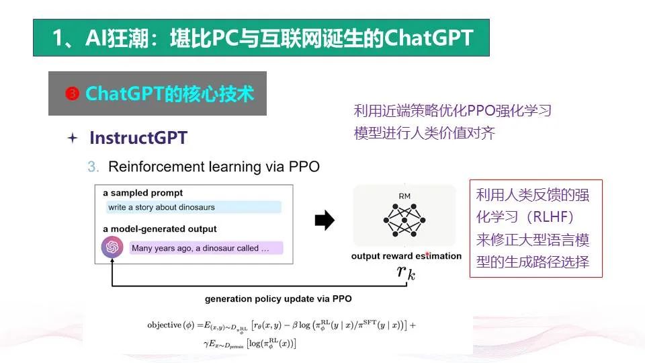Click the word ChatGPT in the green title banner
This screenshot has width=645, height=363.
429,38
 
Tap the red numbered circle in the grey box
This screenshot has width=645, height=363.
73,94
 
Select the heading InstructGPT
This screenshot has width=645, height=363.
138,137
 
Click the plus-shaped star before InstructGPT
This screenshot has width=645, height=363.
73,138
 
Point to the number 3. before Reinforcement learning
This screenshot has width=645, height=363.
93,167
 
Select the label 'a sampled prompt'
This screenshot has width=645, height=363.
142,193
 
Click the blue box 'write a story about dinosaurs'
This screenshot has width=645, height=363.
193,207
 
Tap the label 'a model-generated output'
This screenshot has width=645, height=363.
160,229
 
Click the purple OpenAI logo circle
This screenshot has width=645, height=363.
112,247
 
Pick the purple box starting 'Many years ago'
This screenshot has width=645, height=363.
206,248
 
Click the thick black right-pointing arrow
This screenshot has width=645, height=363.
325,220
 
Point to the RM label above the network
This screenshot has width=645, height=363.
404,196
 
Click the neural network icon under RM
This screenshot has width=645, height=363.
404,220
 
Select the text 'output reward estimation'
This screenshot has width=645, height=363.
406,256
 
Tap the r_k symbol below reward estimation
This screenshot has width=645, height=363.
406,272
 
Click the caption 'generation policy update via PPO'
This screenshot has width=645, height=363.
278,298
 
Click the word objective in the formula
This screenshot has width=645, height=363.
164,325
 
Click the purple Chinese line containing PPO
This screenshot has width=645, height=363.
452,110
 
